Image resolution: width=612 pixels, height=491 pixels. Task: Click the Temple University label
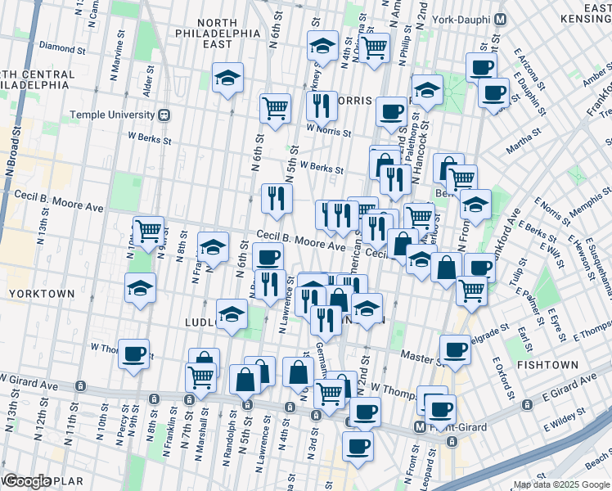click(113, 115)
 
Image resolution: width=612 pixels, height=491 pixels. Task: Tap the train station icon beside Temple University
click(164, 115)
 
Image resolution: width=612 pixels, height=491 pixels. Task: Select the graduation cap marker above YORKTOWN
click(140, 288)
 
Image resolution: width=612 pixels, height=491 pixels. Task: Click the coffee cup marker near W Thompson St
click(133, 354)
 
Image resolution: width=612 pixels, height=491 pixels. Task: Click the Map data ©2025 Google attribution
click(560, 484)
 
